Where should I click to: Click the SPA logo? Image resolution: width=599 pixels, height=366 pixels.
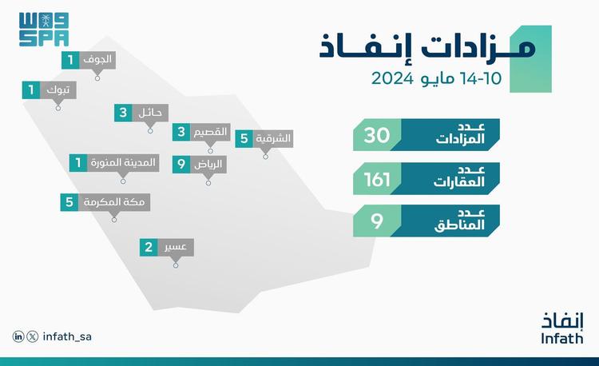click(44, 30)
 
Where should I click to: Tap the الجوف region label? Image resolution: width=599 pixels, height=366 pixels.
click(97, 60)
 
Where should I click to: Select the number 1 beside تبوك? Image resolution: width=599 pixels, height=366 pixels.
click(31, 90)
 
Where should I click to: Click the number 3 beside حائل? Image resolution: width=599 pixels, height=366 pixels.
click(123, 113)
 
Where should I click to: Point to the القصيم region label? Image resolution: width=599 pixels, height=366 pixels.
click(210, 132)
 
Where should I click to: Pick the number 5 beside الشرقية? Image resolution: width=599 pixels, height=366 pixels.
click(244, 139)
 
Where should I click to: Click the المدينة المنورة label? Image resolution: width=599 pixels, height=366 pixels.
click(123, 163)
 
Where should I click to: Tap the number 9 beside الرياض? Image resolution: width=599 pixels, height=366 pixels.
click(181, 165)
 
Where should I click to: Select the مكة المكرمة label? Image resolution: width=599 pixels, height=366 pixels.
click(114, 202)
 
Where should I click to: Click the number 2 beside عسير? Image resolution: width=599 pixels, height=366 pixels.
click(149, 248)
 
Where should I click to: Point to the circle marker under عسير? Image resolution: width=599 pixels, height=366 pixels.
click(176, 265)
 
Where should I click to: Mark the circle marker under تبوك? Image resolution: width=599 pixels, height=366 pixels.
click(58, 109)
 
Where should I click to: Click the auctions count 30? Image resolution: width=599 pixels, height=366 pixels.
click(377, 135)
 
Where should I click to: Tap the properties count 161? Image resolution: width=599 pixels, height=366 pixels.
click(377, 180)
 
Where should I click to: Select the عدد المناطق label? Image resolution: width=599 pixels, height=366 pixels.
click(459, 220)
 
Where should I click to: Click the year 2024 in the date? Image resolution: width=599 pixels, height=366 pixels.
click(392, 79)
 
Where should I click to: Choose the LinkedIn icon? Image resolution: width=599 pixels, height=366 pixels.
click(18, 336)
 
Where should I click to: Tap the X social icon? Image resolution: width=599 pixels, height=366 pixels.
click(33, 336)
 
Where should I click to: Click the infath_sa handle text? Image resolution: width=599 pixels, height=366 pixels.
click(67, 336)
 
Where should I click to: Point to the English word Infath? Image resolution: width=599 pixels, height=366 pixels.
click(562, 339)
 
